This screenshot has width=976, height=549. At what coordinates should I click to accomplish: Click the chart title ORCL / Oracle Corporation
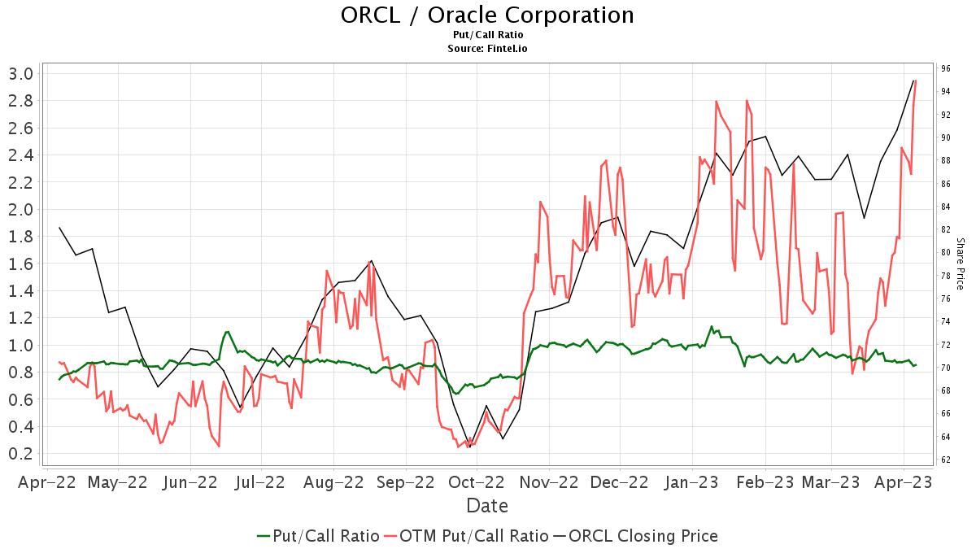tap(487, 15)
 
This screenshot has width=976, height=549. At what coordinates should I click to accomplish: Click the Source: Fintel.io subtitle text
tap(487, 48)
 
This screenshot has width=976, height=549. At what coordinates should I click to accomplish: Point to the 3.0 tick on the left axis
tap(20, 74)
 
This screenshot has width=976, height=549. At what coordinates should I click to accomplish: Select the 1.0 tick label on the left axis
tap(20, 345)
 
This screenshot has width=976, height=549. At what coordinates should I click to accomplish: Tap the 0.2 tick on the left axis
tap(20, 454)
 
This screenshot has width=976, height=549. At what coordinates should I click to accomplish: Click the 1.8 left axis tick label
tap(20, 237)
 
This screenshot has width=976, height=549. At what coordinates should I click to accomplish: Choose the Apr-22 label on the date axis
tap(47, 482)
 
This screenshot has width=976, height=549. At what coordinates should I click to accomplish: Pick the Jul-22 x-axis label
tap(260, 482)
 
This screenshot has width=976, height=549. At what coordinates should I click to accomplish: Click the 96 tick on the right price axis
tap(946, 68)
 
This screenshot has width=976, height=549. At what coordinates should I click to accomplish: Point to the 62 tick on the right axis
tap(946, 460)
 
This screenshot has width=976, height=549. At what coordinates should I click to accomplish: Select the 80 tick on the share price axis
tap(946, 252)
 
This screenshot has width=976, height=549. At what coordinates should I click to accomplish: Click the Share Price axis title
tap(960, 264)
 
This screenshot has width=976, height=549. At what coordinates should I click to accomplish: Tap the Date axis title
tap(487, 506)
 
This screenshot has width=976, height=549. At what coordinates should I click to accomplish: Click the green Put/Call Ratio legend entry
tap(318, 536)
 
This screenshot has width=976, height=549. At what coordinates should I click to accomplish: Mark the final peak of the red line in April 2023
tap(916, 81)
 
